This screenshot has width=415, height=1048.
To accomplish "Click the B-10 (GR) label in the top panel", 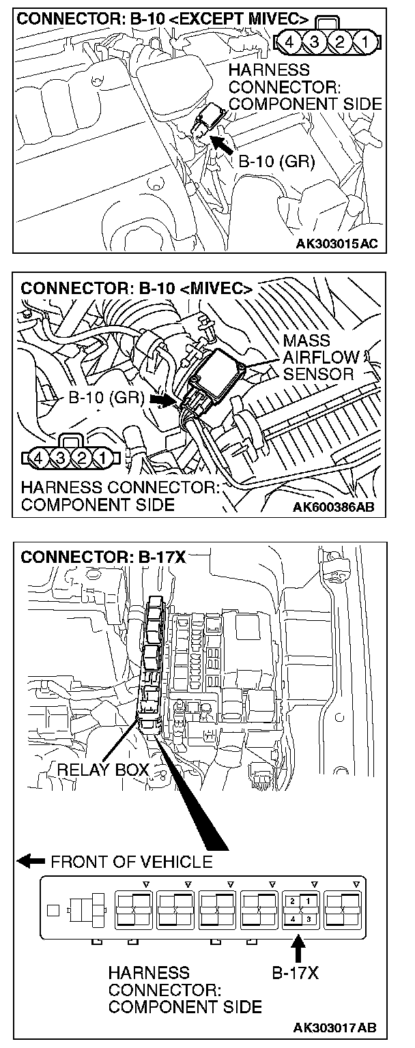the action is coord(276,163).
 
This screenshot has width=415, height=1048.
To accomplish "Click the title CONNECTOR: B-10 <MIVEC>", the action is coord(137,289).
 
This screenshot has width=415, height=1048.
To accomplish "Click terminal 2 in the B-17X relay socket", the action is coord(292,901).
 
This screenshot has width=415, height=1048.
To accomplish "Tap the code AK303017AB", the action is coord(335,1028).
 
